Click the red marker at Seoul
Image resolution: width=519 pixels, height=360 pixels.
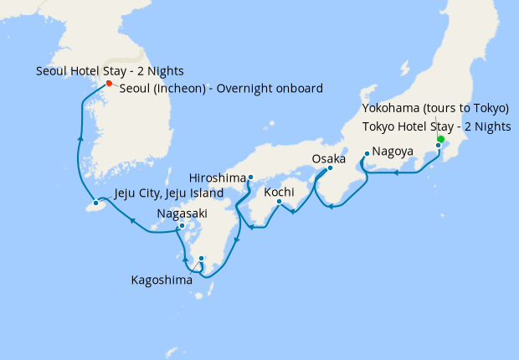pyautogui.click(x=109, y=83)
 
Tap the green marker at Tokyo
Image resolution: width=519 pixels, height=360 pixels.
pyautogui.click(x=440, y=140)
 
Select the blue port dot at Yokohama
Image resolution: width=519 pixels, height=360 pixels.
pyautogui.click(x=438, y=146)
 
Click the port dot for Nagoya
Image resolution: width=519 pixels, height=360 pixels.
pyautogui.click(x=367, y=153)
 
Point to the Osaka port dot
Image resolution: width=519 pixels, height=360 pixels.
pyautogui.click(x=329, y=167)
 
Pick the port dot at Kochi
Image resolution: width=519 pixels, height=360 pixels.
pyautogui.click(x=279, y=201)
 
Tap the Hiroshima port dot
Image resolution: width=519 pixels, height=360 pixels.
pyautogui.click(x=250, y=177)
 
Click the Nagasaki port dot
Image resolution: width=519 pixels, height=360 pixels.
pyautogui.click(x=182, y=225)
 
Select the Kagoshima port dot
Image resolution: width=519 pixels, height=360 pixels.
pyautogui.click(x=201, y=258)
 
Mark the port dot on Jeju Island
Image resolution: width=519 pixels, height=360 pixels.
pyautogui.click(x=96, y=203)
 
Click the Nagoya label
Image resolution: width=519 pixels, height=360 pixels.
pyautogui.click(x=393, y=152)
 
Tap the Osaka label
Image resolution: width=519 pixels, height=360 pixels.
pyautogui.click(x=328, y=158)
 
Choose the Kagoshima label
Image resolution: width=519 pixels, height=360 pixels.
pyautogui.click(x=162, y=280)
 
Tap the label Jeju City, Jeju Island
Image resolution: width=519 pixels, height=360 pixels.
pyautogui.click(x=168, y=193)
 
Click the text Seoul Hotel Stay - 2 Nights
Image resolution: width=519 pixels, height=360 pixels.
pyautogui.click(x=110, y=71)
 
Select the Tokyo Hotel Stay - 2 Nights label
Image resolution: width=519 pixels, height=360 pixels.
pyautogui.click(x=435, y=126)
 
